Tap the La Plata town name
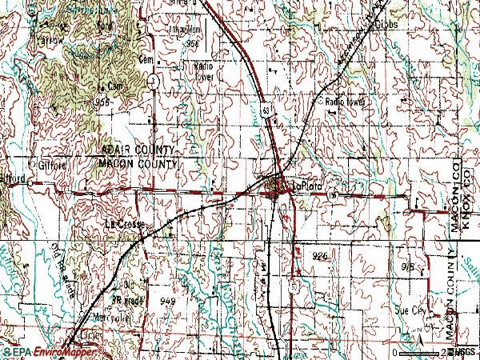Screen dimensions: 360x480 (x=305, y=186)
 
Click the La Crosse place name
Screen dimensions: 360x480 (x=126, y=226)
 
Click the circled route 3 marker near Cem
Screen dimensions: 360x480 (x=152, y=82)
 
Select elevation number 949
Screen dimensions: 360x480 (x=168, y=301)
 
